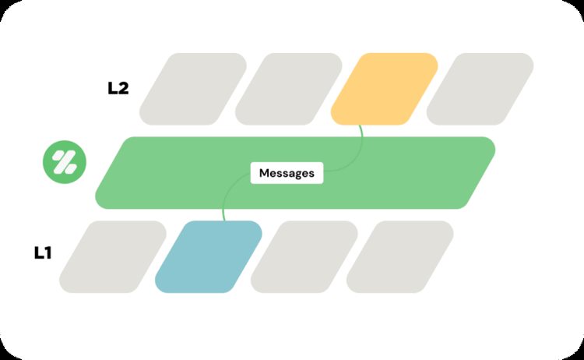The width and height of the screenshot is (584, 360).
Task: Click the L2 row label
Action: click(x=118, y=88)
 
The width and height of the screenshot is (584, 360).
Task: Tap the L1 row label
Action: click(x=43, y=253)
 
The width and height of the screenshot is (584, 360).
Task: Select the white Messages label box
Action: click(x=287, y=173)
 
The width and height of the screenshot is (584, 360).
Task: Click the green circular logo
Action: click(x=65, y=162)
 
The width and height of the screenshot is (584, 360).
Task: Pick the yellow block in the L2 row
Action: click(x=384, y=89)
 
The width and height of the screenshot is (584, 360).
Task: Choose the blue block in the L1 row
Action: click(x=209, y=256)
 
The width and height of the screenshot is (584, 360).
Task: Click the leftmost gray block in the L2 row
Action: click(x=192, y=89)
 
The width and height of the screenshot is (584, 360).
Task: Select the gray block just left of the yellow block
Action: click(x=288, y=89)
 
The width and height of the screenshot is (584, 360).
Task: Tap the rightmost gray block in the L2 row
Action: click(x=480, y=89)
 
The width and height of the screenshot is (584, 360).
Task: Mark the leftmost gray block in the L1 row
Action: click(x=112, y=256)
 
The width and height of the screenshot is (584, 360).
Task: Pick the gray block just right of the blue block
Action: click(x=304, y=256)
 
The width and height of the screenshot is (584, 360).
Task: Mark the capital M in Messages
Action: click(x=264, y=173)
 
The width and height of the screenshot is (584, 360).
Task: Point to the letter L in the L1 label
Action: click(x=38, y=253)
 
